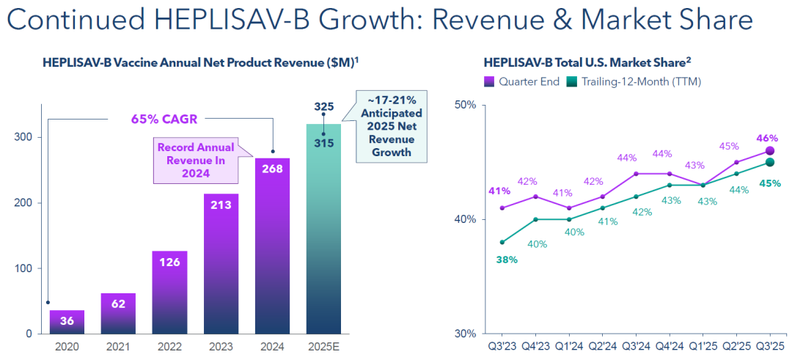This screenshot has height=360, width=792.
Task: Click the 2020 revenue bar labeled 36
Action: [67, 322]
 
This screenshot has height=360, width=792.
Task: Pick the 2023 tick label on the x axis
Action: [221, 346]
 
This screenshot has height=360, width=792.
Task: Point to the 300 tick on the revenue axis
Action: [23, 137]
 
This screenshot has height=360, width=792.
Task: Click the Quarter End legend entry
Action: [521, 81]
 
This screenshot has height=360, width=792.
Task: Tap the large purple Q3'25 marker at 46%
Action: [769, 151]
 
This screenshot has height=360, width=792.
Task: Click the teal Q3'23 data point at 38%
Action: [502, 242]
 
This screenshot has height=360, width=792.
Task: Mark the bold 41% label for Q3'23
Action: [499, 191]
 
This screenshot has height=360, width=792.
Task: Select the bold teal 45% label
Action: [770, 183]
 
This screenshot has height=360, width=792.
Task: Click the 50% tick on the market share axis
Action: [465, 105]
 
